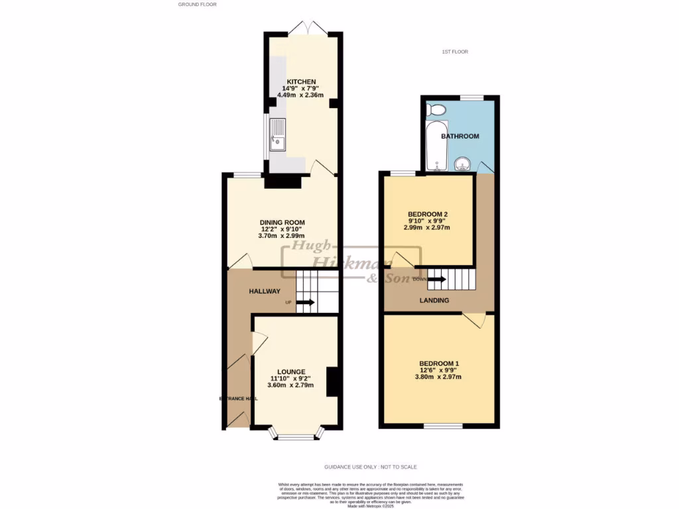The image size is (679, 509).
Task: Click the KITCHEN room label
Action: click(300, 82)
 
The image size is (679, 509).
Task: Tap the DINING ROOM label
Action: click(282, 222)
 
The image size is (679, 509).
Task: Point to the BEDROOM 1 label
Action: click(439, 363)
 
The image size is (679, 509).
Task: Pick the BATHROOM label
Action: click(460, 136)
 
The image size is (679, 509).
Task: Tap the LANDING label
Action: click(434, 300)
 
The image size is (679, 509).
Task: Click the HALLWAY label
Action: click(265, 291)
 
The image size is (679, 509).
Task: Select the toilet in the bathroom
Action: click(437, 109)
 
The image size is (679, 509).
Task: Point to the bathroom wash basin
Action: click(463, 162)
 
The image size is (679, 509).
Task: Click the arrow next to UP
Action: click(306, 302)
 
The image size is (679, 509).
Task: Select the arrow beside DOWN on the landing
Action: click(437, 279)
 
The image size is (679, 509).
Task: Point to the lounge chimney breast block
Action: click(334, 382)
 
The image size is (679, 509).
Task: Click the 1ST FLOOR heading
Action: click(455, 52)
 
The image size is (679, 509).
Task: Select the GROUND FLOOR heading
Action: click(198, 5)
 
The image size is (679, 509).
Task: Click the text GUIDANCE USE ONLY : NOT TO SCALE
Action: click(370, 467)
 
